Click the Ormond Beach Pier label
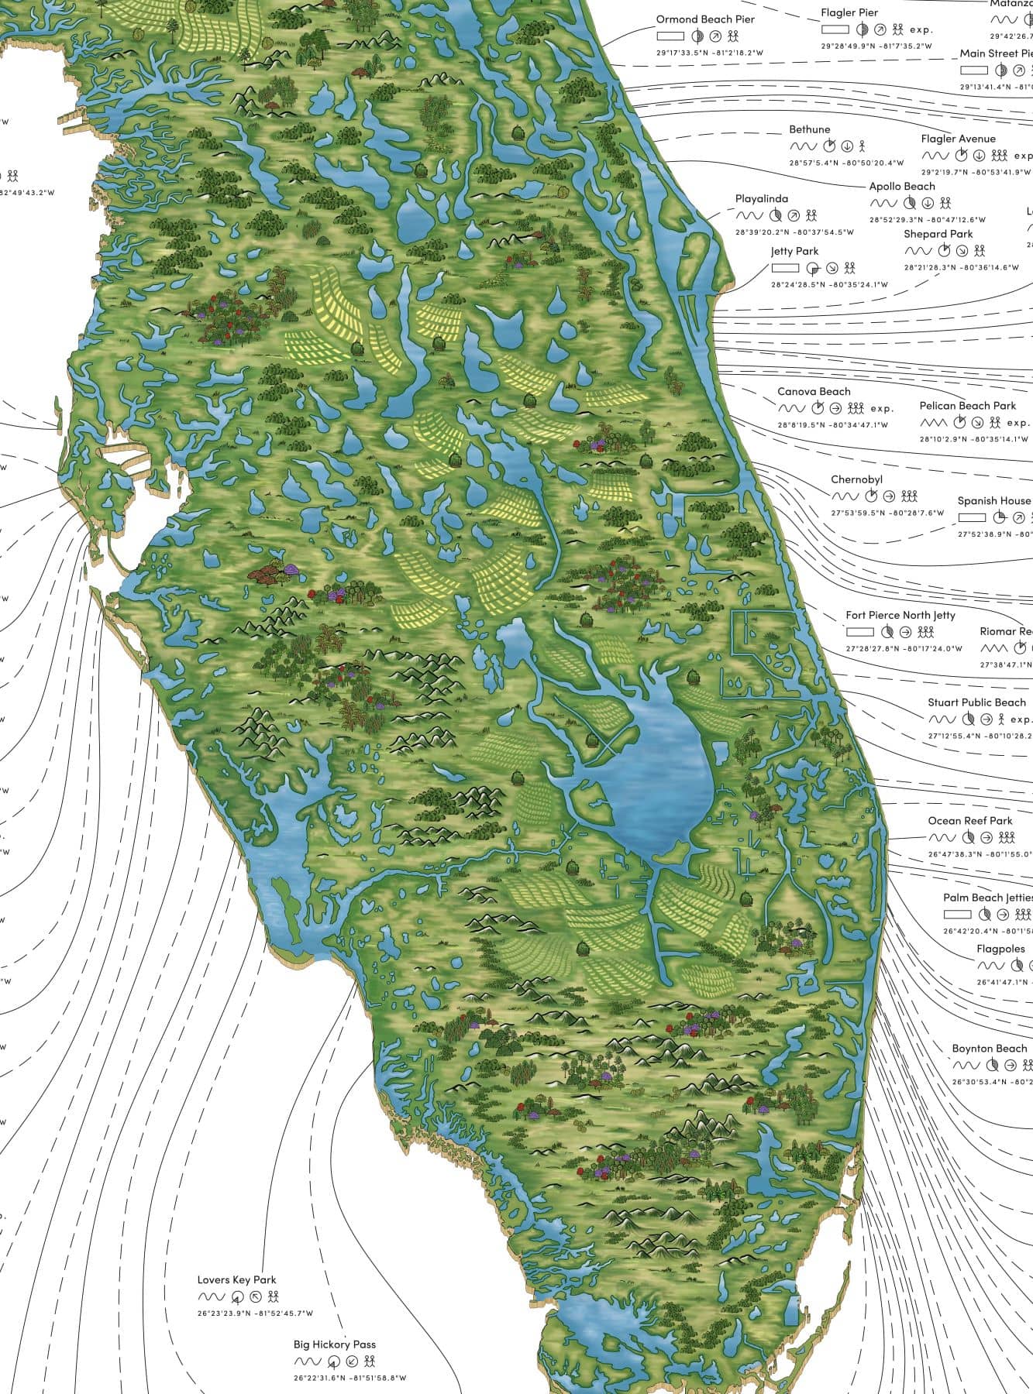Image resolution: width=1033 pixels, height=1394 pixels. [x=704, y=19]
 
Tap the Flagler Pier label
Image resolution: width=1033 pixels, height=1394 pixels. [x=849, y=13]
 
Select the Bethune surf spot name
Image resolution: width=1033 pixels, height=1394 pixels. [x=809, y=129]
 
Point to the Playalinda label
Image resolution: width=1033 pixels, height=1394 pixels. [x=761, y=199]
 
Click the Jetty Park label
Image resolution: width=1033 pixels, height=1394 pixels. [x=794, y=252]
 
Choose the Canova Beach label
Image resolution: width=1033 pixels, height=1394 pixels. [x=814, y=392]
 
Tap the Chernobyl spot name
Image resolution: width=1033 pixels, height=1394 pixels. [x=856, y=480]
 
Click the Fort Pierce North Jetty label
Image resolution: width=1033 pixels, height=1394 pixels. [x=900, y=616]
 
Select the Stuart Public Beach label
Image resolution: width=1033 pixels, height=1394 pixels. [x=976, y=702]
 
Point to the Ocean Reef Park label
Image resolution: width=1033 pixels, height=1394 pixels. [x=969, y=821]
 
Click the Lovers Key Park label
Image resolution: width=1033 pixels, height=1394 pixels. [x=236, y=1280]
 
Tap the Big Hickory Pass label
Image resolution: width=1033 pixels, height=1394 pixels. [x=334, y=1345]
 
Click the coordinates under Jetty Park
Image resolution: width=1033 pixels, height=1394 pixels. [x=828, y=285]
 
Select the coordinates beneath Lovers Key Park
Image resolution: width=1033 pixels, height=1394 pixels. [x=255, y=1313]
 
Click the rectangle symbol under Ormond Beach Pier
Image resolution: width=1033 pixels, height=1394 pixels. [x=670, y=36]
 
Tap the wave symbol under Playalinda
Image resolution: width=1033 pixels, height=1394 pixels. [x=749, y=216]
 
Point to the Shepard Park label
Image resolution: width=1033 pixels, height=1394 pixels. [x=938, y=234]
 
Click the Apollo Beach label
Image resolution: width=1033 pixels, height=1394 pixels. [x=901, y=187]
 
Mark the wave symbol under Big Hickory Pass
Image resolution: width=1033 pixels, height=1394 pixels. [x=307, y=1361]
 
